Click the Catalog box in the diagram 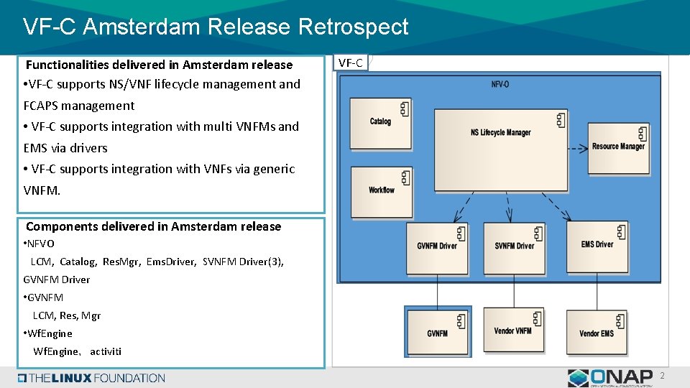point(382,121)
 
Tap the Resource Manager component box point(618,147)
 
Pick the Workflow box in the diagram point(382,190)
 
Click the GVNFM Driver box point(437,246)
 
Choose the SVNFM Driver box point(515,246)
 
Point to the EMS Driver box point(597,245)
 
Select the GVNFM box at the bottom point(438,333)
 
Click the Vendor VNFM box point(513,332)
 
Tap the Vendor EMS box point(597,333)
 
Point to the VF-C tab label point(351,63)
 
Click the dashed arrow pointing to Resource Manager point(568,149)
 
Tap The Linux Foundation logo point(92,378)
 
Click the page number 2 point(663,376)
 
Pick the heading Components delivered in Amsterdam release point(153,226)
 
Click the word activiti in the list point(106,351)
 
